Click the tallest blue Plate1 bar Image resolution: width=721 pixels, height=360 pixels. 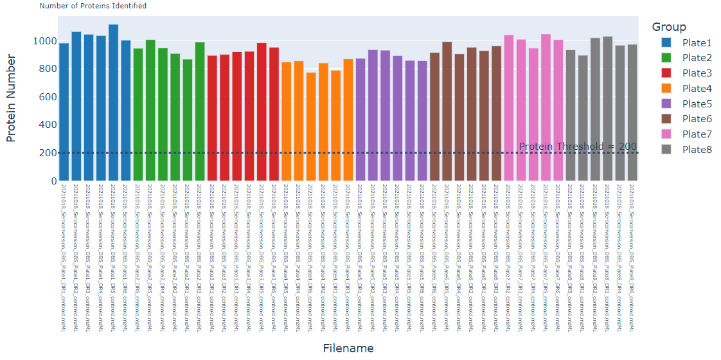(113, 103)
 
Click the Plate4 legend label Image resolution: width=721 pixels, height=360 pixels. (697, 88)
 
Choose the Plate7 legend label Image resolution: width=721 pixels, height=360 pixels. (697, 134)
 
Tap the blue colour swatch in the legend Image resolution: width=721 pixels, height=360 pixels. (667, 42)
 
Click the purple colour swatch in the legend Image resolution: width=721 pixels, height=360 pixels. (667, 104)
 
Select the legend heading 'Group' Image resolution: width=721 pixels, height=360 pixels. (668, 27)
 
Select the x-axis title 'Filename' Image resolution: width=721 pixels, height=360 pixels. (348, 348)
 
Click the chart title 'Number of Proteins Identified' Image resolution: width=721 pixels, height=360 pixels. (93, 6)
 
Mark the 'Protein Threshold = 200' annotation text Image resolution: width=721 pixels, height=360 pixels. (577, 147)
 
